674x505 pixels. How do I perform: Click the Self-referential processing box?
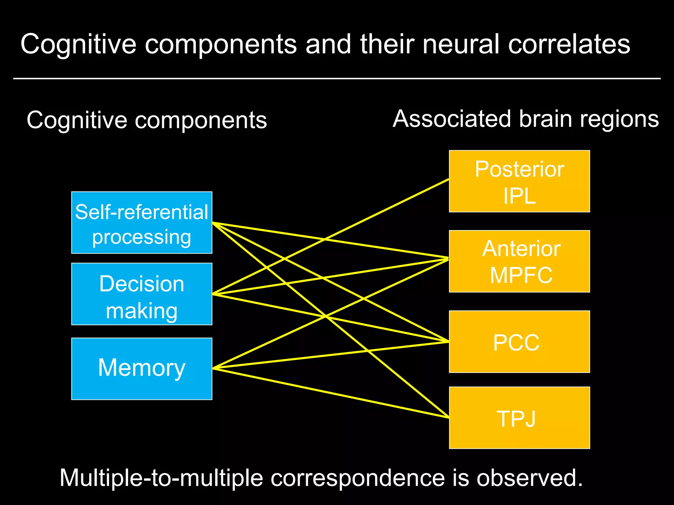(x=142, y=223)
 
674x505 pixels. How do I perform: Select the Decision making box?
(x=142, y=294)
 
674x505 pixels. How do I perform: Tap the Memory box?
(x=142, y=369)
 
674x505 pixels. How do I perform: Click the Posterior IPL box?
(x=519, y=181)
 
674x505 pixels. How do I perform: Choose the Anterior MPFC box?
(x=519, y=261)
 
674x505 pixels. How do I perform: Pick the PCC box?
(x=519, y=342)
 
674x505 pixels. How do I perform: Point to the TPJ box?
(x=519, y=418)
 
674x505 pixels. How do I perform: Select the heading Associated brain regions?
(x=526, y=119)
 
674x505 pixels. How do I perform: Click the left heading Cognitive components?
(x=147, y=120)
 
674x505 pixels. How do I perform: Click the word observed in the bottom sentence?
(x=530, y=478)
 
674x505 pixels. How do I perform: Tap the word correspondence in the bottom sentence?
(x=357, y=478)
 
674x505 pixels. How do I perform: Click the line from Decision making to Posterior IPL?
(x=395, y=205)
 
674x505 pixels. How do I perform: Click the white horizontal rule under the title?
(x=337, y=79)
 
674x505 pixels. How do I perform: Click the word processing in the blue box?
(x=142, y=237)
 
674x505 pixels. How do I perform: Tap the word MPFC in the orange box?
(x=521, y=275)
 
